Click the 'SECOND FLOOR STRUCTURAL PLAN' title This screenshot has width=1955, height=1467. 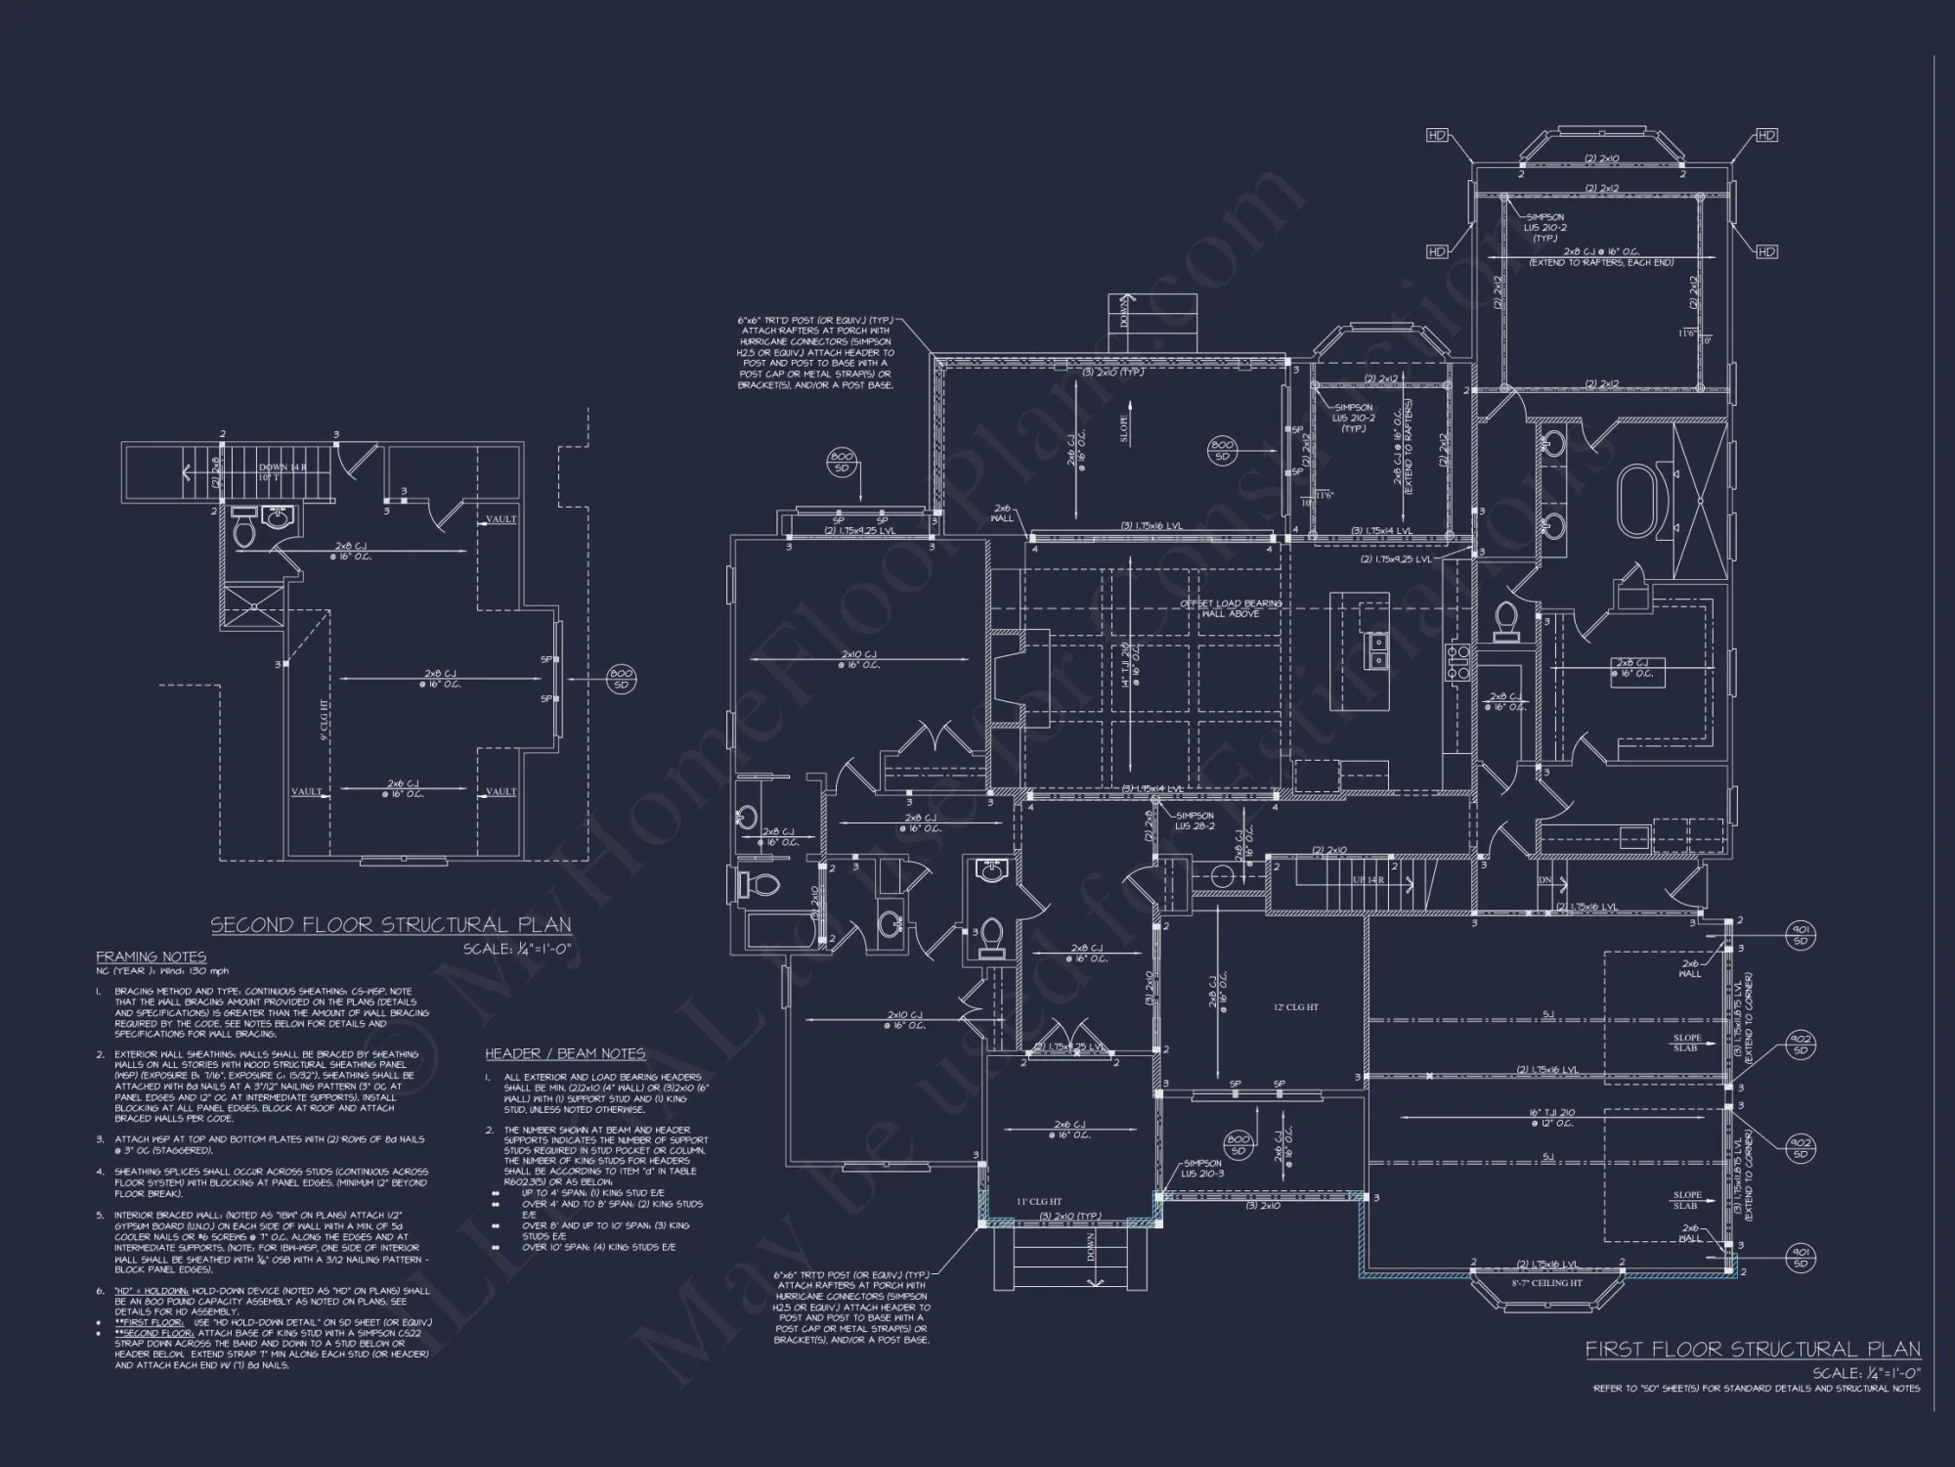(x=391, y=925)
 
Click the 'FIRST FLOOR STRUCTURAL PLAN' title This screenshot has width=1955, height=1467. (x=1752, y=1350)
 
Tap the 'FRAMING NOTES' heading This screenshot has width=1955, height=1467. (x=151, y=956)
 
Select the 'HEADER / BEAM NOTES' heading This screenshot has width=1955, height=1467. (x=565, y=1053)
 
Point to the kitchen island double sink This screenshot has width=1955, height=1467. (x=1378, y=651)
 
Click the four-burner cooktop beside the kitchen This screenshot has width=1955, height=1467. (x=1458, y=662)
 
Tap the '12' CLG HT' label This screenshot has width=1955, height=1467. (x=1296, y=1007)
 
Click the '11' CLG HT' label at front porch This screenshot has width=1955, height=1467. (x=1039, y=1202)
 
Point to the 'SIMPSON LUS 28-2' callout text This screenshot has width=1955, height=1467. (x=1195, y=820)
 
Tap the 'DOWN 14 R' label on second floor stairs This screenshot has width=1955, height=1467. (x=282, y=467)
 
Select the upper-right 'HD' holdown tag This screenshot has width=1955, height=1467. (x=1766, y=135)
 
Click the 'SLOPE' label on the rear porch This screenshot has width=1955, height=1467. (x=1123, y=427)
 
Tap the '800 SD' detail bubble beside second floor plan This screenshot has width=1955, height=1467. (x=621, y=679)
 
